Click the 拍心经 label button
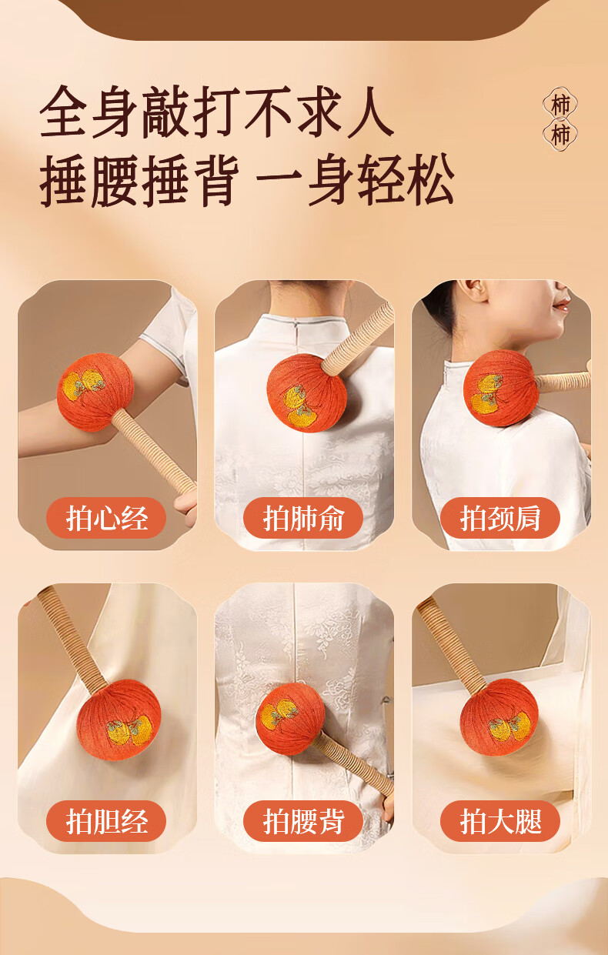[x=106, y=518]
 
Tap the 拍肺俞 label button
[x=303, y=518]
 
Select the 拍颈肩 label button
[x=500, y=518]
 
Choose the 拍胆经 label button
[x=106, y=820]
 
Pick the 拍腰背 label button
[x=303, y=820]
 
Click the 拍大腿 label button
[x=500, y=820]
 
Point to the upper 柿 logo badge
[x=560, y=104]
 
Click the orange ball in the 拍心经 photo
[x=95, y=392]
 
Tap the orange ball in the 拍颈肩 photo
[x=501, y=388]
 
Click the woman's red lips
[x=562, y=304]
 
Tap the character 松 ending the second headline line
[x=429, y=179]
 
